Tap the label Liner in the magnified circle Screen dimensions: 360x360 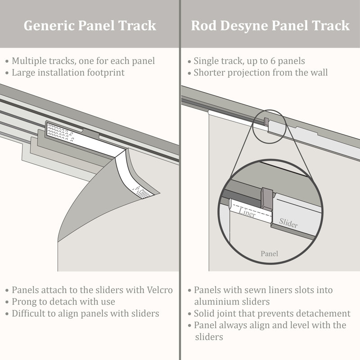point(247,212)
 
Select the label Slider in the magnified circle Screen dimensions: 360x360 point(288,222)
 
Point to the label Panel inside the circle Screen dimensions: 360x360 point(269,254)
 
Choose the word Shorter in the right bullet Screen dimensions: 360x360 point(209,72)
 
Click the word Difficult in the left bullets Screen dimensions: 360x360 point(29,314)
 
